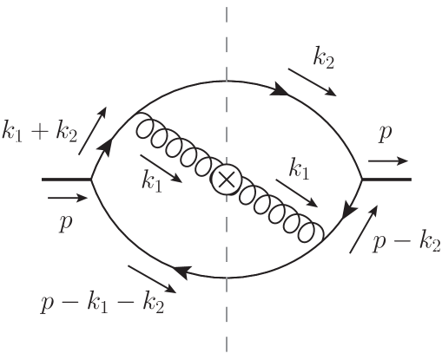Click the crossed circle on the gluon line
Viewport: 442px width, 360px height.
click(226, 180)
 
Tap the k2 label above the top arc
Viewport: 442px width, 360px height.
click(325, 58)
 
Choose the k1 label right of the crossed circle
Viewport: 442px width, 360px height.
click(300, 171)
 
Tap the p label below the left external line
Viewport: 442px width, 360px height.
click(64, 222)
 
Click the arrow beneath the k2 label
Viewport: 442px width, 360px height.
click(311, 83)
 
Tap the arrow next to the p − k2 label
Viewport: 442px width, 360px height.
click(363, 230)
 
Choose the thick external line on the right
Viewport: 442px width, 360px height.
click(386, 180)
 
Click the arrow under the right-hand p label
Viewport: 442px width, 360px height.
click(386, 160)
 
